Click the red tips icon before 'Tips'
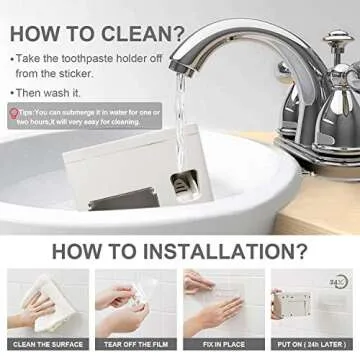[14, 112]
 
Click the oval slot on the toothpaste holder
[182, 182]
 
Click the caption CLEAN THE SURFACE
[47, 345]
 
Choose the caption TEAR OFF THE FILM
[136, 345]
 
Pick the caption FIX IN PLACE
[224, 345]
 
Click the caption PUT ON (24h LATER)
[312, 345]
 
